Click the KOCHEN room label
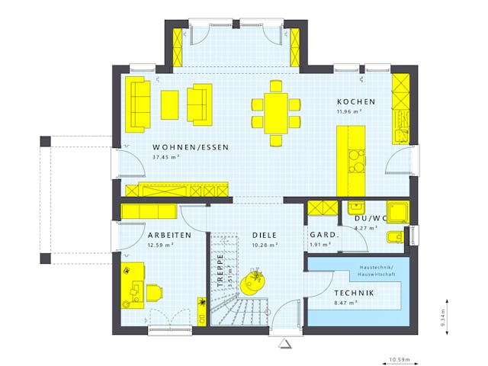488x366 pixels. pyautogui.click(x=355, y=101)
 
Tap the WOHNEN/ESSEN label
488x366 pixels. pyautogui.click(x=191, y=147)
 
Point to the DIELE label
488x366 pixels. pyautogui.click(x=265, y=235)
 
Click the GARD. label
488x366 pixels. pyautogui.click(x=323, y=235)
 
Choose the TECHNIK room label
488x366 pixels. pyautogui.click(x=353, y=294)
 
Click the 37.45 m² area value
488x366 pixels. pyautogui.click(x=165, y=158)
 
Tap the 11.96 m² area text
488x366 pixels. pyautogui.click(x=349, y=112)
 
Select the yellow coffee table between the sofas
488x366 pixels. pyautogui.click(x=169, y=104)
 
